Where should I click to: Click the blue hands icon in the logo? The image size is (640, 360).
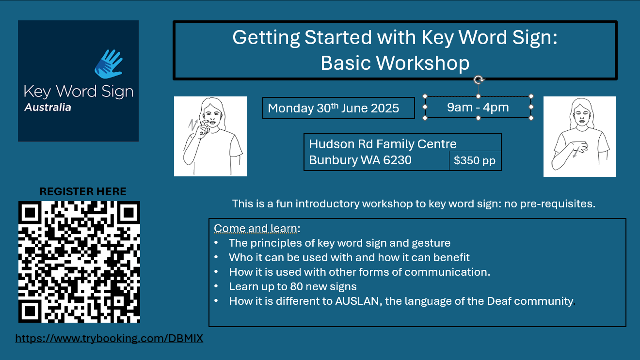(109, 64)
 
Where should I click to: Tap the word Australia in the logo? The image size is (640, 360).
(48, 108)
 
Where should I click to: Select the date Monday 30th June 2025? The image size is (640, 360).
(333, 108)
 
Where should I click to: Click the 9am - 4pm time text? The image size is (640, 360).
(478, 107)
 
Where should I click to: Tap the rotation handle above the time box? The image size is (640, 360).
(479, 79)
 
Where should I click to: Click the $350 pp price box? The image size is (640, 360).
(475, 160)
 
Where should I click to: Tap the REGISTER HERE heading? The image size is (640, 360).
(83, 191)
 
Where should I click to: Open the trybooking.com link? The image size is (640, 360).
(109, 338)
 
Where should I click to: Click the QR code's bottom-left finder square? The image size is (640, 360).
(30, 311)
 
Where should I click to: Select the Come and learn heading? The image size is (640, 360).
(257, 228)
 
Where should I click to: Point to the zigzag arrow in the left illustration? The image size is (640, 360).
(192, 125)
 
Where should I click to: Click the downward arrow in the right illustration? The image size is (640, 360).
(576, 152)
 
